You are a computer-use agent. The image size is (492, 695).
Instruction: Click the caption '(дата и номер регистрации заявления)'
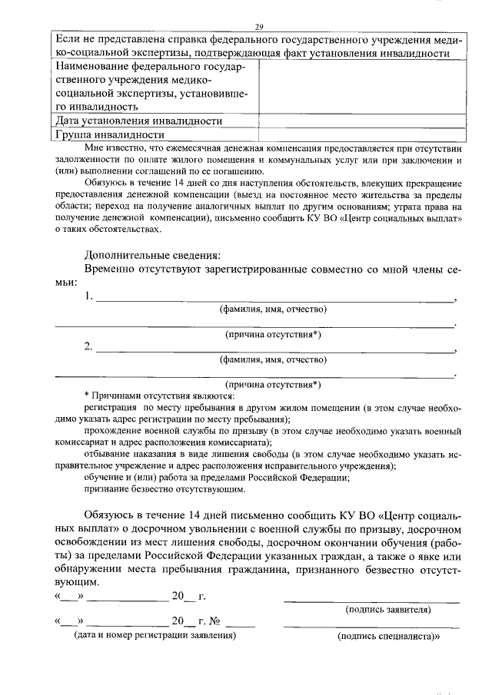(x=155, y=636)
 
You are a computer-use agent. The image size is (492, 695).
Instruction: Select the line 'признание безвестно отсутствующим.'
(x=165, y=488)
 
